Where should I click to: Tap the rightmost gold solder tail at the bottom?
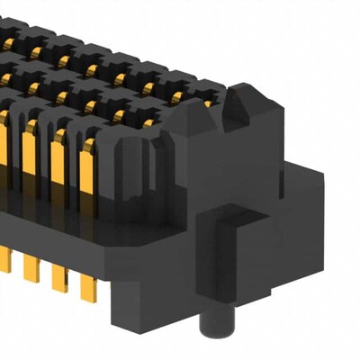tap(87, 288)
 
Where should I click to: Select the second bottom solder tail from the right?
tap(61, 280)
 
